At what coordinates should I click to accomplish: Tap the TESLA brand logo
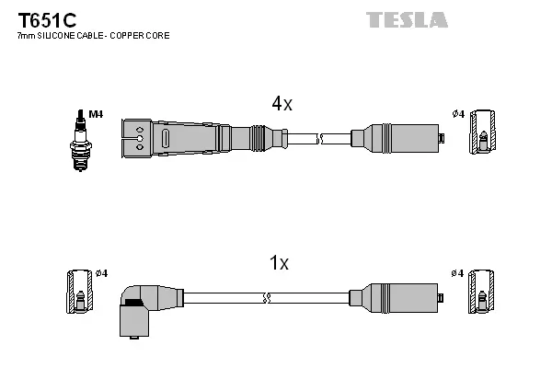point(407,19)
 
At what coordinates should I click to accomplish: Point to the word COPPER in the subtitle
point(132,36)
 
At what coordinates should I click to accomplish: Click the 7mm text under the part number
point(26,36)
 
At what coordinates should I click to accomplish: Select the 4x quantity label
point(281,105)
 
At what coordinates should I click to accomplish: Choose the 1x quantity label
point(279,264)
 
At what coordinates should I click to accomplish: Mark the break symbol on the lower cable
point(267,298)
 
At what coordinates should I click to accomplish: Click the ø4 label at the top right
point(458,114)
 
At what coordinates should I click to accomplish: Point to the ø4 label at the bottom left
point(101,273)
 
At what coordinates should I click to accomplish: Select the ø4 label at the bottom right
point(458,273)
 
